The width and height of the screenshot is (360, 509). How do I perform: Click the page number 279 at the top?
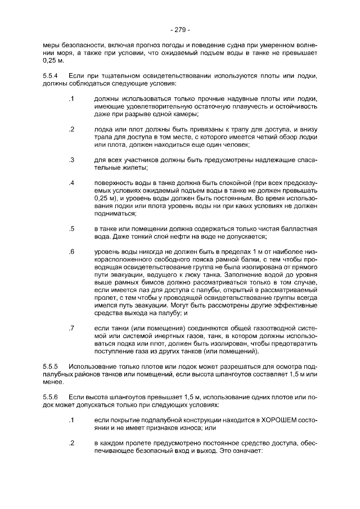click(x=180, y=29)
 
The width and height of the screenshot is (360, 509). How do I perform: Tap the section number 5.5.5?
click(x=51, y=366)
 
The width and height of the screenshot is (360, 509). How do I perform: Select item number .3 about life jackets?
click(x=71, y=160)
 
